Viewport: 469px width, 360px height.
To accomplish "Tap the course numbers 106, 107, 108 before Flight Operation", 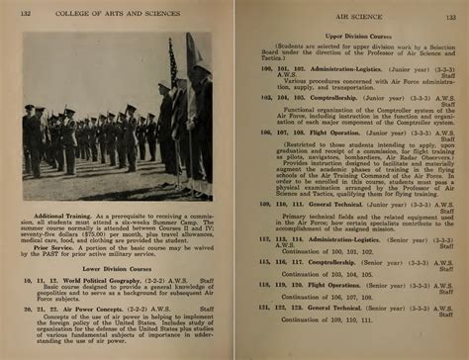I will click(x=278, y=131).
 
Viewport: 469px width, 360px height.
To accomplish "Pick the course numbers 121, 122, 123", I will click(x=278, y=307).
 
